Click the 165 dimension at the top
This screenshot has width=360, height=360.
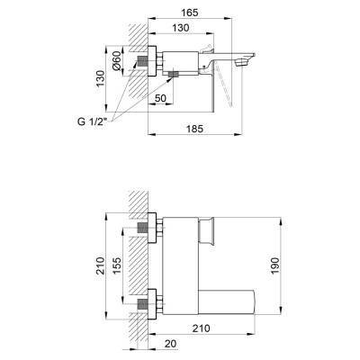190,13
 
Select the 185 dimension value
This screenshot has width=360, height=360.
194,129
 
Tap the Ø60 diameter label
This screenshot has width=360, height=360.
116,61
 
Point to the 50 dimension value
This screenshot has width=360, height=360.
160,98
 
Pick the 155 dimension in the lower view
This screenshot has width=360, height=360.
117,265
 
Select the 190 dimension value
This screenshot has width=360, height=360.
274,265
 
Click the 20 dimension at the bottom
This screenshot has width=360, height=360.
171,344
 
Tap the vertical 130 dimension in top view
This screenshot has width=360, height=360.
101,78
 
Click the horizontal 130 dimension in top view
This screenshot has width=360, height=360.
181,28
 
